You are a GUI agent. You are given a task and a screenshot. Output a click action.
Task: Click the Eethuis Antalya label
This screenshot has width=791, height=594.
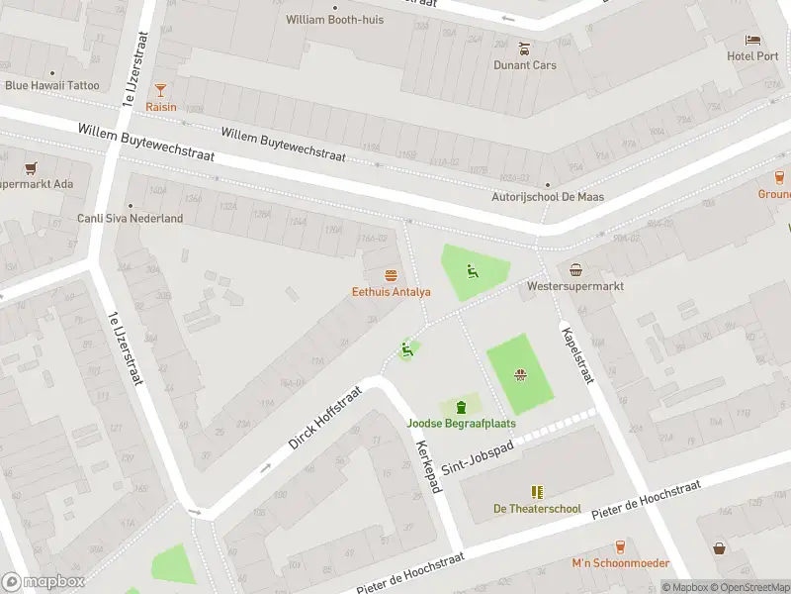pyautogui.click(x=392, y=292)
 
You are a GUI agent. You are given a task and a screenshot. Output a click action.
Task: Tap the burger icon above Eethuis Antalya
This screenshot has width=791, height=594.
pyautogui.click(x=392, y=274)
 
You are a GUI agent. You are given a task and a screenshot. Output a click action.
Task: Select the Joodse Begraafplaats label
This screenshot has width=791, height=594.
pyautogui.click(x=461, y=424)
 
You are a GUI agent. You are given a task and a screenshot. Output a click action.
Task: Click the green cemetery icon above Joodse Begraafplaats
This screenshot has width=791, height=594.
pyautogui.click(x=461, y=406)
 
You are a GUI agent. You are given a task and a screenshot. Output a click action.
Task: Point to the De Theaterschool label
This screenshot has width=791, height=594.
pyautogui.click(x=537, y=509)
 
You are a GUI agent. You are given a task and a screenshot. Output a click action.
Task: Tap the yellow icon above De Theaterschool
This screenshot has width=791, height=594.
pyautogui.click(x=537, y=492)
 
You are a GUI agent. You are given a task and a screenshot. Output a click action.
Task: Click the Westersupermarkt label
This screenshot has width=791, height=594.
pyautogui.click(x=575, y=287)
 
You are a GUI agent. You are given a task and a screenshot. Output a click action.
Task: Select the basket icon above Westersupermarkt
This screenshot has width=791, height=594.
pyautogui.click(x=575, y=269)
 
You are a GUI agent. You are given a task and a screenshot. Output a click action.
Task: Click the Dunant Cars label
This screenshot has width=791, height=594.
pyautogui.click(x=525, y=65)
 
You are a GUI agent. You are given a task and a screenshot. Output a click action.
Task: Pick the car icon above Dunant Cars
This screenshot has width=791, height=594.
pyautogui.click(x=525, y=48)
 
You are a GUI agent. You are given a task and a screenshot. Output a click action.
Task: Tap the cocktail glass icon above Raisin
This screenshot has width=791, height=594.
pyautogui.click(x=160, y=89)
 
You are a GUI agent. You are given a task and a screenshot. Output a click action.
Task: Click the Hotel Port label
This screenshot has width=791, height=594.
pyautogui.click(x=752, y=56)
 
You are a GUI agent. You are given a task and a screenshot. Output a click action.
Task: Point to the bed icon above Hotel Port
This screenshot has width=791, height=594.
pyautogui.click(x=752, y=40)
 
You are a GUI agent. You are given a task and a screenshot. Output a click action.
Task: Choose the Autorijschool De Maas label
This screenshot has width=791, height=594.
pyautogui.click(x=548, y=197)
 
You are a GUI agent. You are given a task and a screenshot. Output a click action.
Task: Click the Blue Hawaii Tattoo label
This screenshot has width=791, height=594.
pyautogui.click(x=51, y=85)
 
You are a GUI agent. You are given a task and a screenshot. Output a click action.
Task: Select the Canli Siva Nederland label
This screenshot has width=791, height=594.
pyautogui.click(x=130, y=219)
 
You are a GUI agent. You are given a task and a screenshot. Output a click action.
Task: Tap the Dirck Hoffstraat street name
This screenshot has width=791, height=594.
pyautogui.click(x=326, y=419)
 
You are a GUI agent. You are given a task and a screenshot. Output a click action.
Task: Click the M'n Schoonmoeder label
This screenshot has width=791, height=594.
pyautogui.click(x=620, y=563)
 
